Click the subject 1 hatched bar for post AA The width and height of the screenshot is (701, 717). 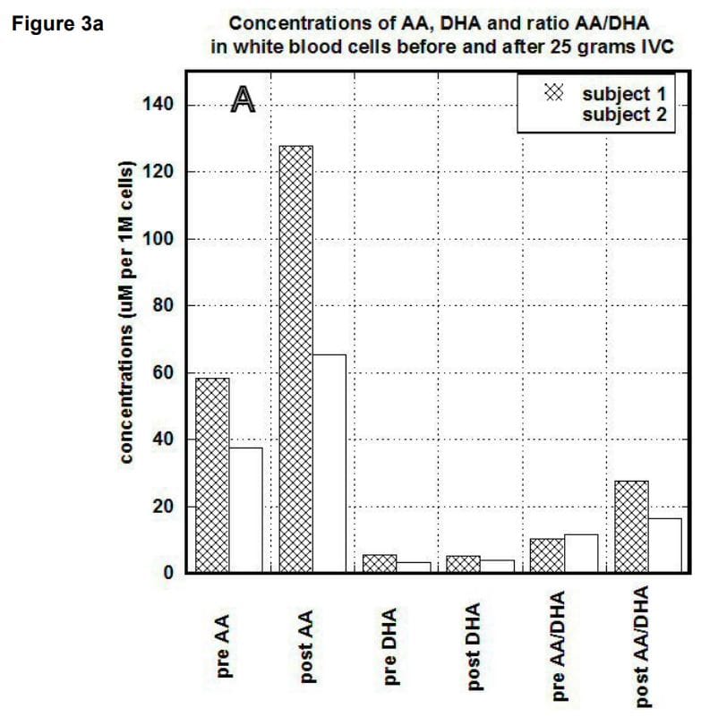[x=295, y=358]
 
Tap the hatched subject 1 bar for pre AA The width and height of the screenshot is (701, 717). [x=212, y=474]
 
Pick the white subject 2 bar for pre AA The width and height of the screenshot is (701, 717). [x=245, y=509]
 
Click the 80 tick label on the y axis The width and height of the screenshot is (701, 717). [x=161, y=306]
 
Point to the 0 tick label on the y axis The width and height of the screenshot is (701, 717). [x=167, y=574]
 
